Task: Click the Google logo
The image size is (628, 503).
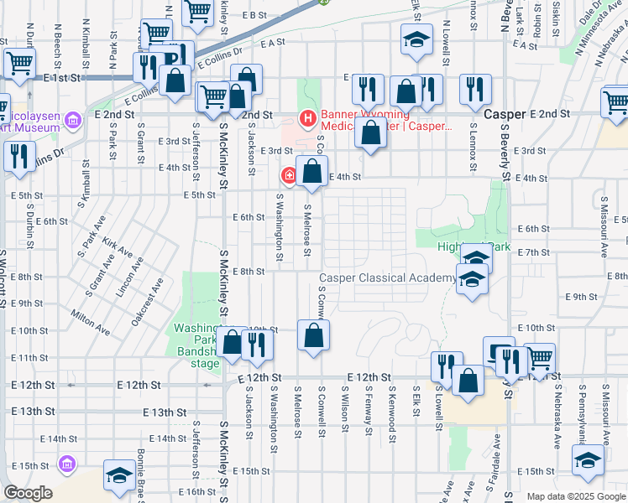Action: pos(28,493)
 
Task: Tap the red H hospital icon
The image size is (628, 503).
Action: pos(308,117)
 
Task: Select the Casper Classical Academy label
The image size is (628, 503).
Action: pos(387,277)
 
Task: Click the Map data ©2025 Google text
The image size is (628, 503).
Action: pos(576,496)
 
